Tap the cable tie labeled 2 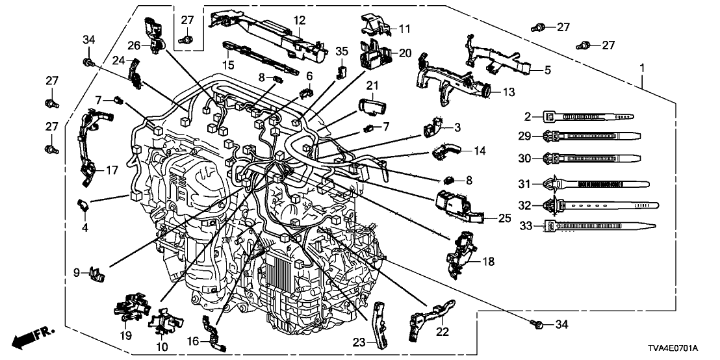(585, 116)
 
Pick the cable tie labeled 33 (598, 227)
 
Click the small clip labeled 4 (85, 205)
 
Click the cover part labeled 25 (457, 207)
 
